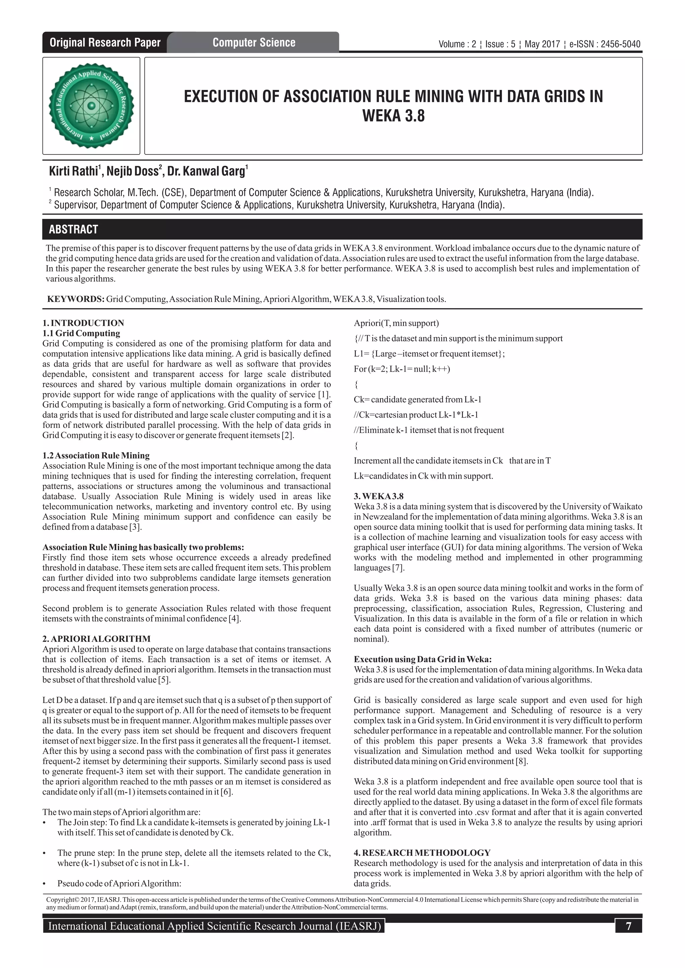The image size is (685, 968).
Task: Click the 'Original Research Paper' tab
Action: [105, 42]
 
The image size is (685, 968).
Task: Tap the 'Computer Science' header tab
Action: [254, 42]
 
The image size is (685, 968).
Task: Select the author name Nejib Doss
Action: [132, 171]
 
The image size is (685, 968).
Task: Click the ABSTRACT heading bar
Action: [342, 229]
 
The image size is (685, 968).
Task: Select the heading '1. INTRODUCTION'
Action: [83, 323]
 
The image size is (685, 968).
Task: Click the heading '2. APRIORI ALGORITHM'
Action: [96, 639]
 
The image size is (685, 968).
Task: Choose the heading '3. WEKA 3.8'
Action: [378, 496]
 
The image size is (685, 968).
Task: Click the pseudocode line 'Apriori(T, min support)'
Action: [396, 323]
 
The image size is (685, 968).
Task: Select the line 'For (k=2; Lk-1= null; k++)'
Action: [402, 369]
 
